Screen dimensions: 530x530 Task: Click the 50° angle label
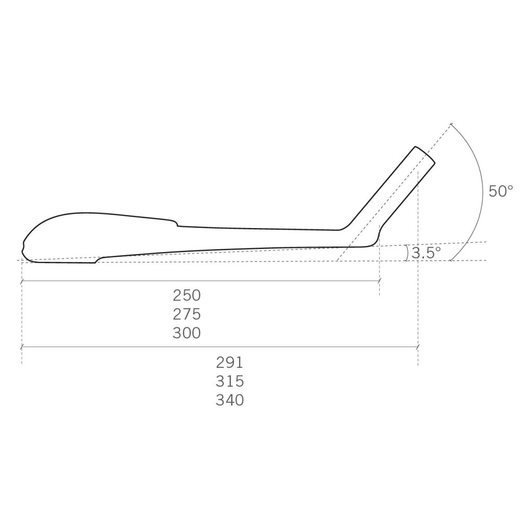(500, 191)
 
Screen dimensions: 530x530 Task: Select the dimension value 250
(187, 295)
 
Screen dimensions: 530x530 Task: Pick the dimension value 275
(187, 314)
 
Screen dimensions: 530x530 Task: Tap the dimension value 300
(187, 333)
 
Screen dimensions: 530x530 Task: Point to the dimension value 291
(230, 362)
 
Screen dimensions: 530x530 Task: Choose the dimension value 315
(230, 381)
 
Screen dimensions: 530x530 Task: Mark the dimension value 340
(230, 400)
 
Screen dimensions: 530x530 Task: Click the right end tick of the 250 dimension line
(379, 281)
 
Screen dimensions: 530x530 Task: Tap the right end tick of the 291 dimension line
(418, 346)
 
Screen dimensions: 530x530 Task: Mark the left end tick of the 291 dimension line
(21, 346)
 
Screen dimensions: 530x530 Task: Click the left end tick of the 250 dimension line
(21, 281)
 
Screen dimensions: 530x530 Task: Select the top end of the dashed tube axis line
(451, 125)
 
